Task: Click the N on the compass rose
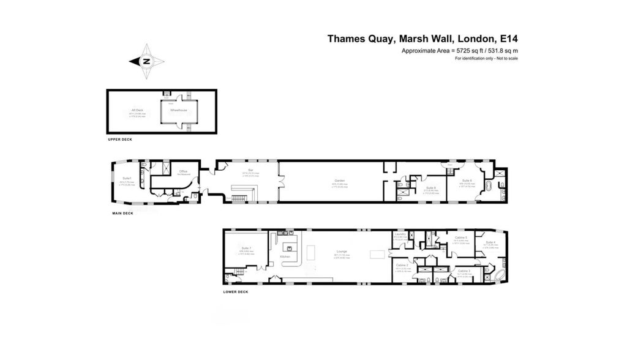pyautogui.click(x=146, y=61)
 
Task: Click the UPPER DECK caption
pyautogui.click(x=119, y=140)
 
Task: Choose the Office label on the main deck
pyautogui.click(x=182, y=171)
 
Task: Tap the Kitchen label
pyautogui.click(x=285, y=257)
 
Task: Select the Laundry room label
pyautogui.click(x=401, y=234)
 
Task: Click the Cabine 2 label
pyautogui.click(x=402, y=264)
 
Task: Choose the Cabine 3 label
pyautogui.click(x=464, y=270)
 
